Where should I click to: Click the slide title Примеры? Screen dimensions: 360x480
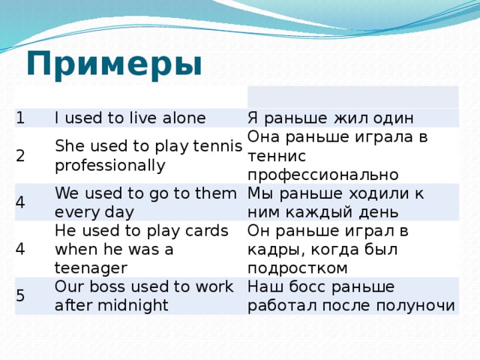click(x=114, y=64)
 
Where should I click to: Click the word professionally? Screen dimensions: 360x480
click(x=110, y=164)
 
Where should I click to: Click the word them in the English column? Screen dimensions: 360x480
click(x=211, y=193)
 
